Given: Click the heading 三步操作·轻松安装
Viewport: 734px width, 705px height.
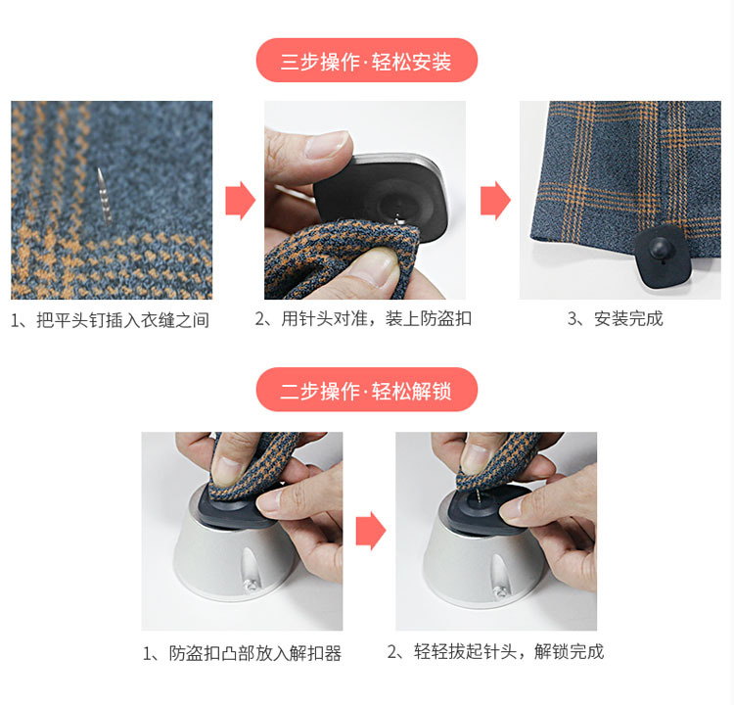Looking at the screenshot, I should click(x=366, y=62).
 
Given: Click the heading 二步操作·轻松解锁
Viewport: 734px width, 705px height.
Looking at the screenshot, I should click(x=366, y=391).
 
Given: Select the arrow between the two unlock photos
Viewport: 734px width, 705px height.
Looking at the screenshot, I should click(x=369, y=531).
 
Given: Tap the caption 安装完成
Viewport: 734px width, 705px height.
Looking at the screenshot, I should click(x=616, y=319).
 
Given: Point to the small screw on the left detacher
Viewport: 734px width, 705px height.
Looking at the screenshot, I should click(x=251, y=587).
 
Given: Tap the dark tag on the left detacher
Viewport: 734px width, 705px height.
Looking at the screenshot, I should click(x=230, y=503).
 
